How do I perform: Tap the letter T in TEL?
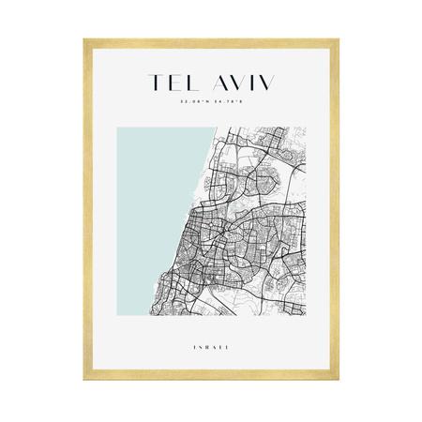click(151, 83)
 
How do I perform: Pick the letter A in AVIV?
click(214, 83)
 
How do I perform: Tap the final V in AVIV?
click(266, 83)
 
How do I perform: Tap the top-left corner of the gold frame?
click(83, 39)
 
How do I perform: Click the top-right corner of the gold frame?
click(338, 39)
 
